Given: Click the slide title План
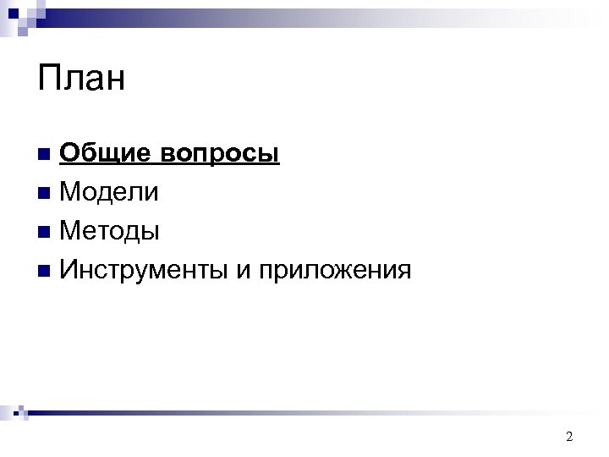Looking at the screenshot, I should click(81, 79).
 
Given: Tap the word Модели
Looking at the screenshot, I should click(109, 192).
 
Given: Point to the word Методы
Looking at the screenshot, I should click(110, 230).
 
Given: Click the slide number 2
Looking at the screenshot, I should click(569, 437).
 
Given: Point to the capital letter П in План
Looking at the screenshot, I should click(50, 79).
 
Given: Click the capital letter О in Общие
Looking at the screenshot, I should click(70, 153).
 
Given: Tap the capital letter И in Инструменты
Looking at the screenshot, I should click(70, 270).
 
